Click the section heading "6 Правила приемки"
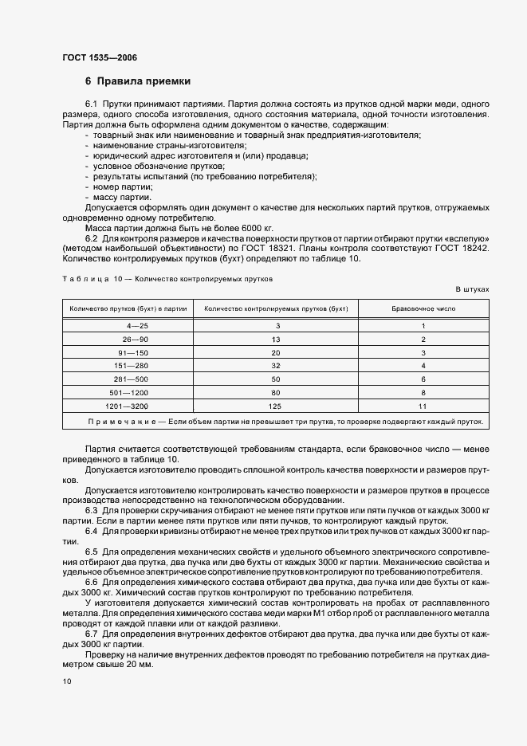tap(137, 81)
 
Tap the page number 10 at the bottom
tap(66, 681)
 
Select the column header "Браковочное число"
tap(423, 308)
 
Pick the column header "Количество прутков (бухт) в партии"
tap(128, 308)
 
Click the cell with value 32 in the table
tap(276, 365)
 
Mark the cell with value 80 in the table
tap(276, 392)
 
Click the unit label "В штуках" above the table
tap(472, 289)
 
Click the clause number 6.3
tap(91, 508)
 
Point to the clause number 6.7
tap(91, 622)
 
